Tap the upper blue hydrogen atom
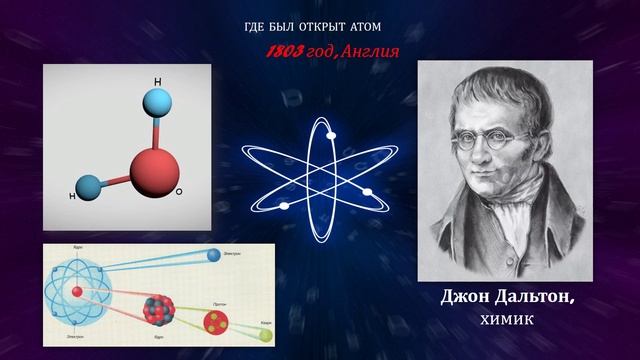pyautogui.click(x=157, y=103)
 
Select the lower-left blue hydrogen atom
pyautogui.click(x=88, y=186)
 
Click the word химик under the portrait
pyautogui.click(x=505, y=320)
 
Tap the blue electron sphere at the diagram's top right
pyautogui.click(x=212, y=255)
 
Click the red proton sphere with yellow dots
pyautogui.click(x=216, y=321)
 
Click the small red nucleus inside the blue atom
pyautogui.click(x=77, y=292)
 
